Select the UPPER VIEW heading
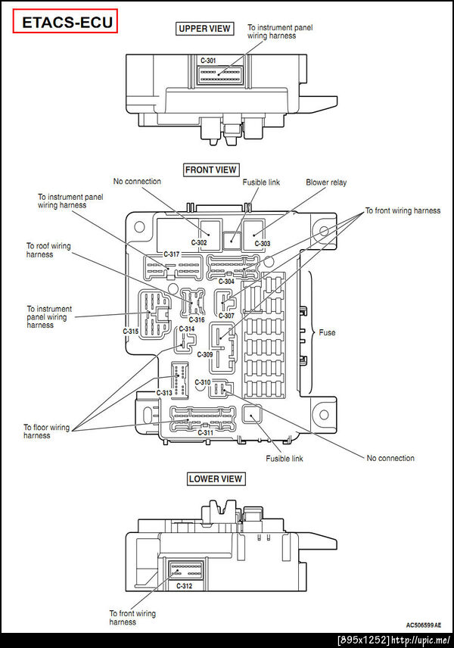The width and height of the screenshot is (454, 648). coord(204,30)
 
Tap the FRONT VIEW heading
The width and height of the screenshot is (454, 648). coord(210,170)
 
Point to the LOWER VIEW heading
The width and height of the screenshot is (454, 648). coord(216,478)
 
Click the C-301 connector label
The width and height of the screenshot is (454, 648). coord(208,60)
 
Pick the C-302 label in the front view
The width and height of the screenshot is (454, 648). coord(199,243)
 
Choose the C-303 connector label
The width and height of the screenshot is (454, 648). coord(263,243)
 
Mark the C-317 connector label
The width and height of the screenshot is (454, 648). coord(172,254)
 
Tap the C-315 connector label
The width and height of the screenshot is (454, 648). coord(131,332)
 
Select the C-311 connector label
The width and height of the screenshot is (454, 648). coord(204,432)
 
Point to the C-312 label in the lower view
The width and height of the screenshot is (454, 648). coord(184,586)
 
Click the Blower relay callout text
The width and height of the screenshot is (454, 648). coord(326,182)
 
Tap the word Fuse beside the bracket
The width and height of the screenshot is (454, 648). coord(327,332)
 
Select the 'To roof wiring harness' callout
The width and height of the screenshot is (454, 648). coord(50,250)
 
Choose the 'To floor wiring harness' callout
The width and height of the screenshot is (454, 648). coord(46,431)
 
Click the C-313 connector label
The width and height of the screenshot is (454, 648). coord(164,393)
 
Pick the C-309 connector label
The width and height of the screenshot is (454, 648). coord(205,354)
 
